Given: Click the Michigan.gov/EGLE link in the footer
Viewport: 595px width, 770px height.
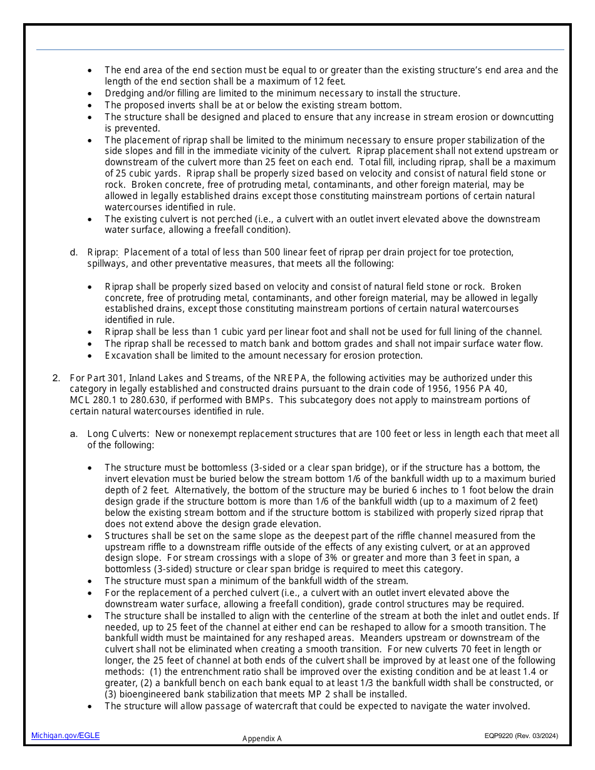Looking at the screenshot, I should tap(65, 736).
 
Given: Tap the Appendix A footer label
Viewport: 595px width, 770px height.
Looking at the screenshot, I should tap(262, 739).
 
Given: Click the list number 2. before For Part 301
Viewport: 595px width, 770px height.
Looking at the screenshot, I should tap(56, 378).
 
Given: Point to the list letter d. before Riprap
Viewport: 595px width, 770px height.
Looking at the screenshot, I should tap(74, 252).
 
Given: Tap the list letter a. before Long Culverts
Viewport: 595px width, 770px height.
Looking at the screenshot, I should tap(74, 434).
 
